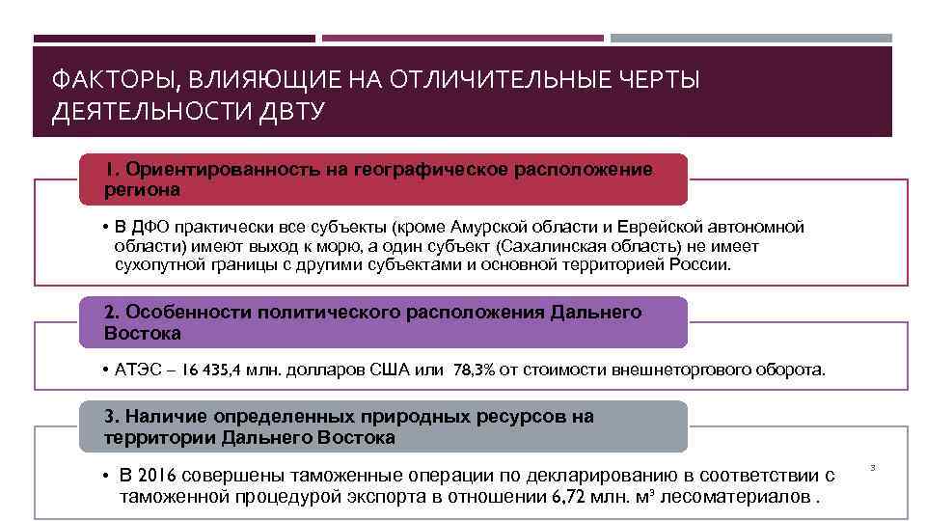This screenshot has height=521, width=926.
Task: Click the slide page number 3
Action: (x=872, y=468)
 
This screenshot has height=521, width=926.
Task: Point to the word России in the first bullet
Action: (x=701, y=264)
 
